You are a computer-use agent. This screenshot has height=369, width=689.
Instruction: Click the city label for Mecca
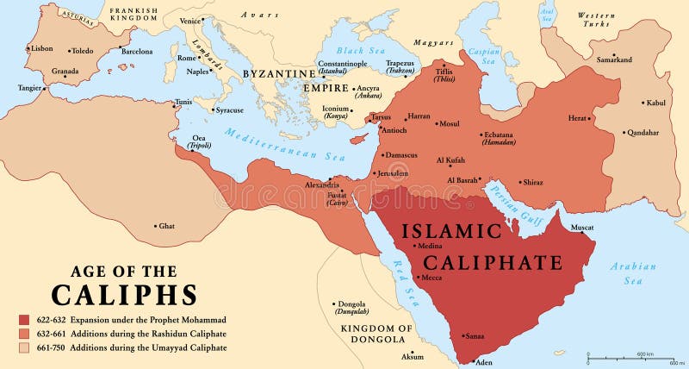click(x=432, y=278)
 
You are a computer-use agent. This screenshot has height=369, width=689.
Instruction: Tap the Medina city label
click(x=431, y=247)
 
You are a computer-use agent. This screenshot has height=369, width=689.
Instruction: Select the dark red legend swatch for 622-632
click(x=23, y=318)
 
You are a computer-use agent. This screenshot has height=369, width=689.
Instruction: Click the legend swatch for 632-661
click(x=23, y=333)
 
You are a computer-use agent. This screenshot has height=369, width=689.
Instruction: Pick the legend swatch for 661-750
click(x=23, y=347)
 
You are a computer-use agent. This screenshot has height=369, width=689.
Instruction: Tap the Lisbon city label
click(x=40, y=48)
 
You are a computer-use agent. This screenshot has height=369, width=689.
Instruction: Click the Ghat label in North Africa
click(x=166, y=226)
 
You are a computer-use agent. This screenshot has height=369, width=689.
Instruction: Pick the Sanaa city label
click(x=475, y=336)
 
